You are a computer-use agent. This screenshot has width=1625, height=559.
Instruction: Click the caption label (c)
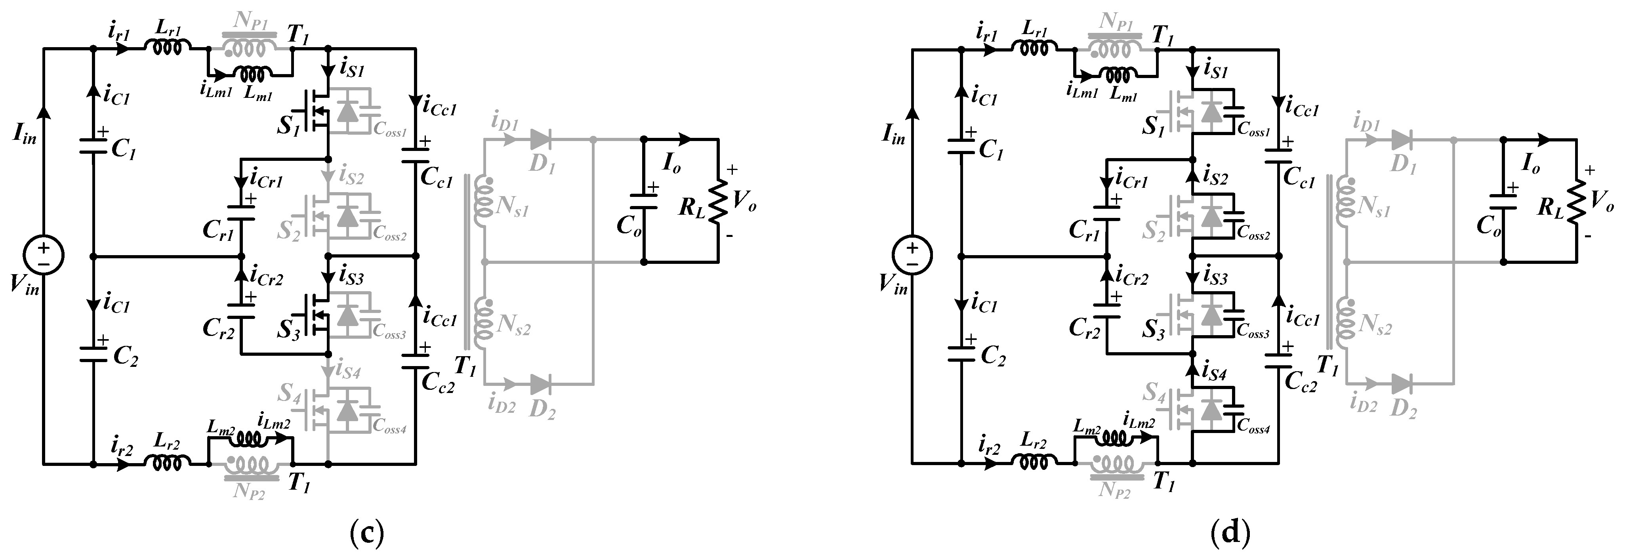tap(366, 534)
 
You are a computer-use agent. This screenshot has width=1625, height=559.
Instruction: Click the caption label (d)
tap(1230, 534)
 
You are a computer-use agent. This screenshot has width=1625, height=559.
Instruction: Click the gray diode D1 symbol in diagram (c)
tap(541, 139)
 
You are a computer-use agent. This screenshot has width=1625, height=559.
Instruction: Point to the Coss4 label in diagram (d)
tap(1253, 429)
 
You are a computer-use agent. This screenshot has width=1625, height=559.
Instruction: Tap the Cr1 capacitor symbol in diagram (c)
tap(241, 213)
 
